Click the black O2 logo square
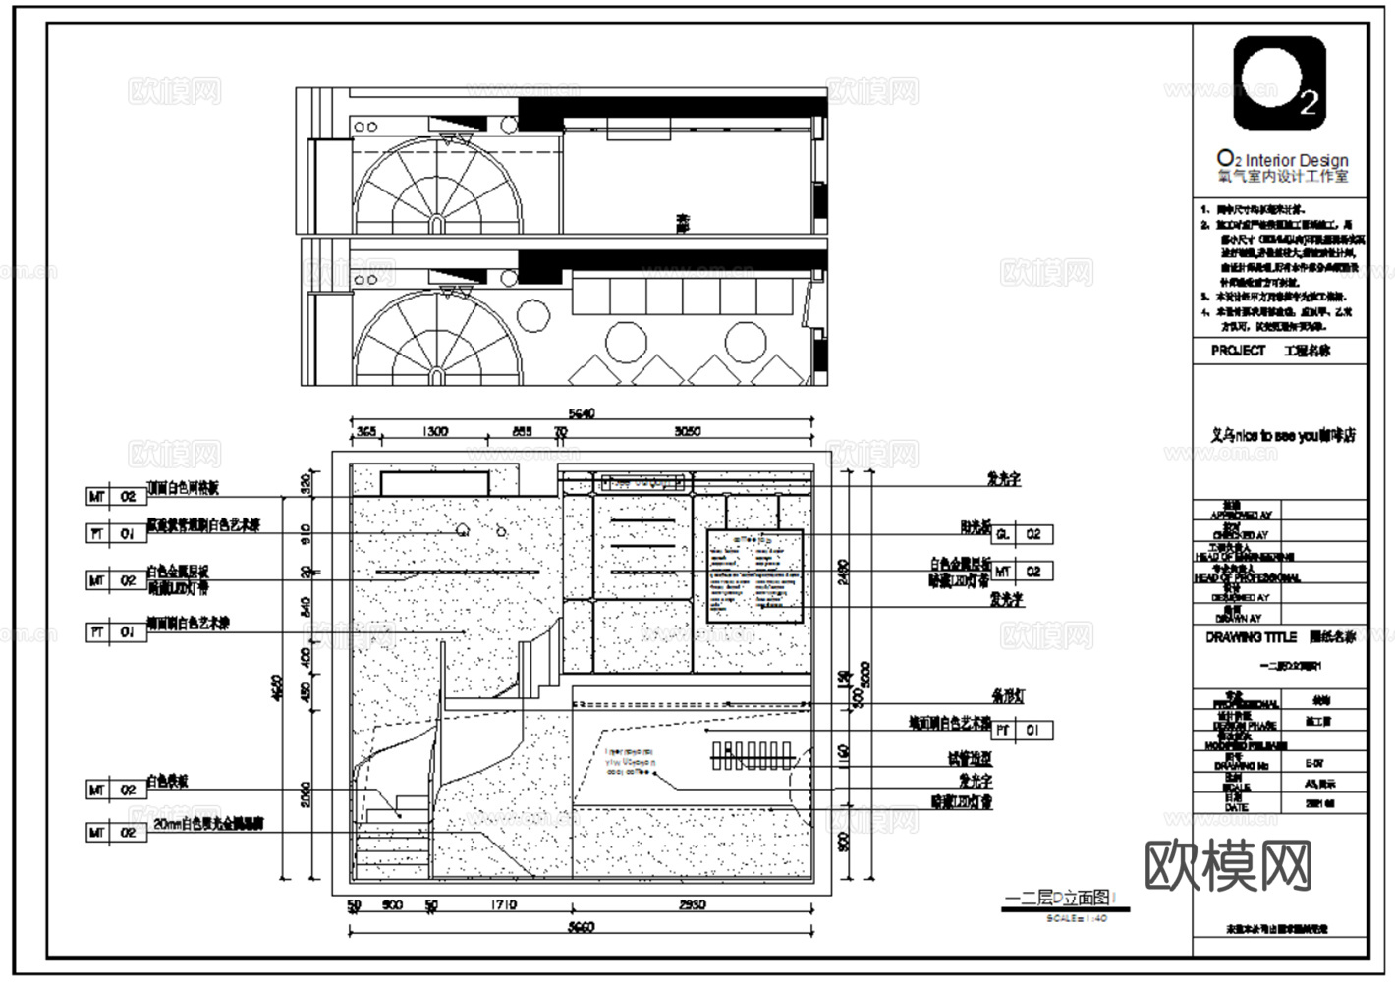[1279, 83]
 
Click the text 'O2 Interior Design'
[1282, 160]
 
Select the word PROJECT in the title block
[1238, 351]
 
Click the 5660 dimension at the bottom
[582, 927]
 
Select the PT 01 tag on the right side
[1023, 731]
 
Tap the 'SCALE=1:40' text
[1077, 918]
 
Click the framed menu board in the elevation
[755, 575]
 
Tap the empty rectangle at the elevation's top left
[434, 483]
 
